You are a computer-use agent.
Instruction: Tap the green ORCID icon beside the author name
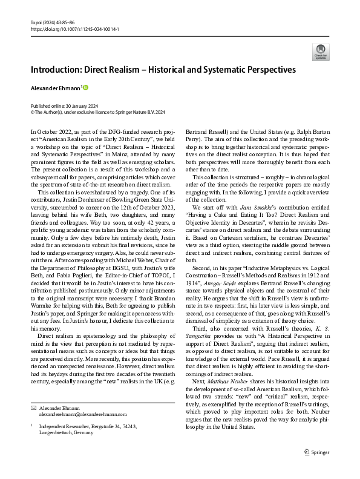(86, 88)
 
